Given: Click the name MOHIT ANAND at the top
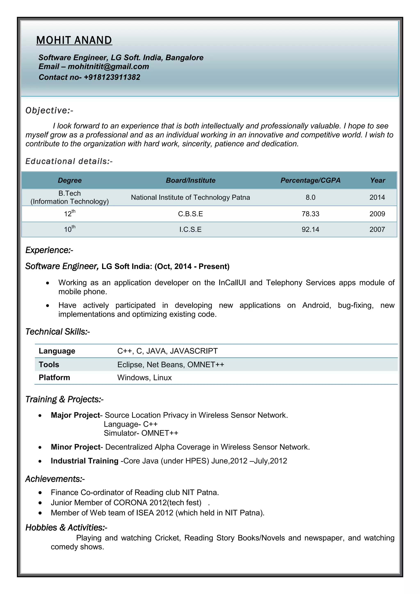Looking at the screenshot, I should point(74,40).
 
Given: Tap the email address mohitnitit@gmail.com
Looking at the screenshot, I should point(108,66).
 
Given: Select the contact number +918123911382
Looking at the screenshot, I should point(112,77).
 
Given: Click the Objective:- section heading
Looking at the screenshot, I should point(49,111).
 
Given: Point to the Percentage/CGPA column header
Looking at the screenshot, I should point(310,180).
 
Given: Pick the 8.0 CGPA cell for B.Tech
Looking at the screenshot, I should point(310,197).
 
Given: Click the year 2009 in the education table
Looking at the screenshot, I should point(377,214).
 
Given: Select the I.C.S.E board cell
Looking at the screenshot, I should point(190,230).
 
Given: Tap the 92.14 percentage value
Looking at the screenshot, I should point(310,230).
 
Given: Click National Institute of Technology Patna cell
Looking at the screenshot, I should point(190,197).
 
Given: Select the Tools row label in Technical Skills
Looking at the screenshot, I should point(49,364).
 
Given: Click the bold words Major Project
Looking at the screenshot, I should point(75,415).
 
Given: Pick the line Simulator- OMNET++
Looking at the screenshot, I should point(141,433).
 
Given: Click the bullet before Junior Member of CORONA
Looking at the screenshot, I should point(40,503).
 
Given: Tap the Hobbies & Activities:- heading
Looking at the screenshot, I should point(66,528).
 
